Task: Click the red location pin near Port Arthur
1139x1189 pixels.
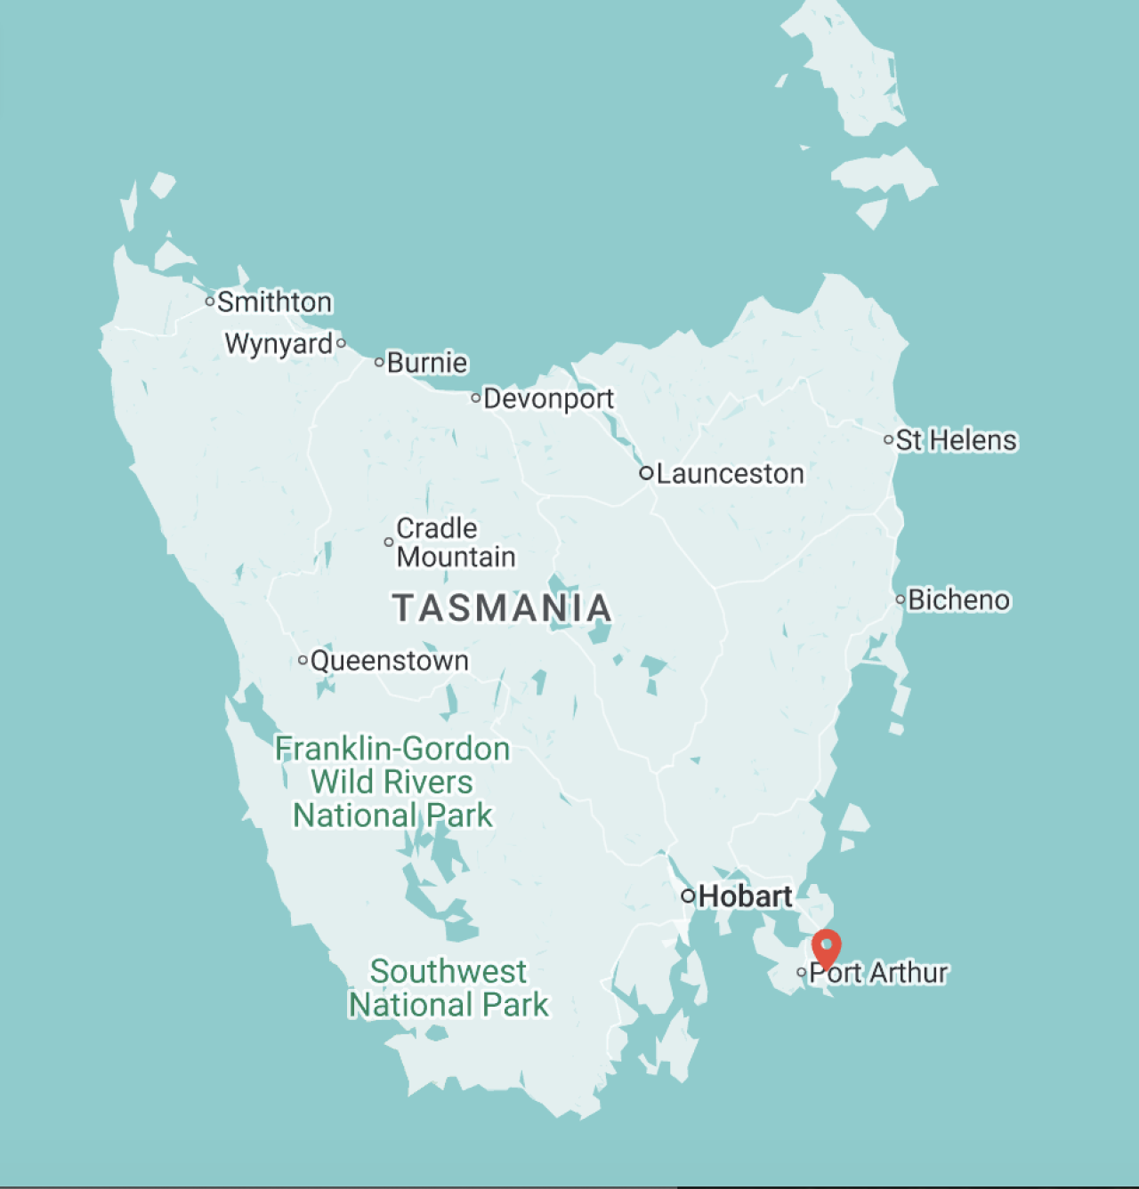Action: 827,947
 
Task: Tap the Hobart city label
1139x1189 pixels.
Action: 745,896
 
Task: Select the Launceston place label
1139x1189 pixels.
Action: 730,474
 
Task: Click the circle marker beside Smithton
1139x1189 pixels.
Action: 210,301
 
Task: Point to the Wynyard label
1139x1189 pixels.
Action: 279,343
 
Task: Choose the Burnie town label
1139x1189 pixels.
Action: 427,363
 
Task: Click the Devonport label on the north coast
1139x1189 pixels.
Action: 548,398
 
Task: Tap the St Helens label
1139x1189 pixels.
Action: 956,440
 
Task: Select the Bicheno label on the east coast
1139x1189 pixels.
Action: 958,600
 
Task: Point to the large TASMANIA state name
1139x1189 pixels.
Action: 502,608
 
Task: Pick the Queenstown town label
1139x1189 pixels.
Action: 389,661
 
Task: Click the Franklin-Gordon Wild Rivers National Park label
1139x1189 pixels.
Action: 392,782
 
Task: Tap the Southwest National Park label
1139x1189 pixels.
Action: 448,988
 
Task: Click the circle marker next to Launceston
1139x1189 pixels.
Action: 646,473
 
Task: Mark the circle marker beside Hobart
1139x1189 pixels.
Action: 687,896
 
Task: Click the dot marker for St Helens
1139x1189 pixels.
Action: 888,439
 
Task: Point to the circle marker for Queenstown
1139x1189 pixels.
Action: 303,660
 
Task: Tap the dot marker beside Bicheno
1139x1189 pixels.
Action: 900,599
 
